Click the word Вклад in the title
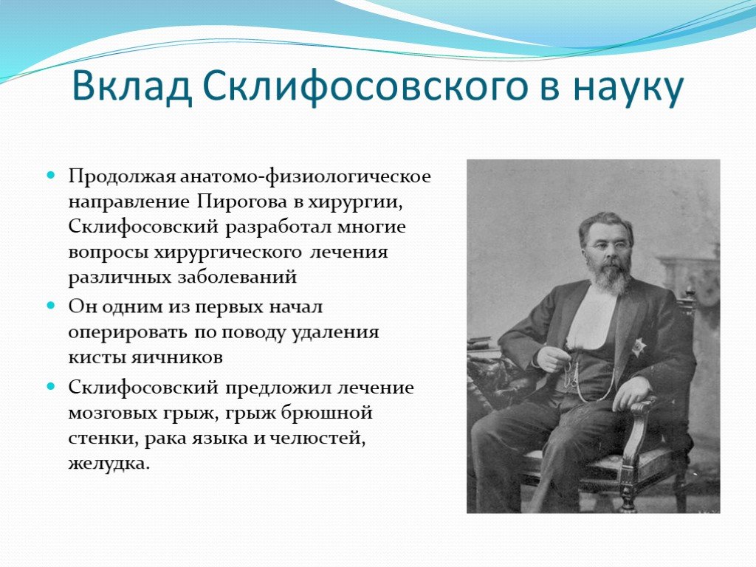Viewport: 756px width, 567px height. coord(131,87)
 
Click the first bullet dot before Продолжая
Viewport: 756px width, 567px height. coord(51,174)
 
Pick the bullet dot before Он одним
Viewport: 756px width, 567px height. coord(51,306)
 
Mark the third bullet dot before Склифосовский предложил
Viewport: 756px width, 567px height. coord(51,386)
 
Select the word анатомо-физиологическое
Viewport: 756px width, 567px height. coord(305,176)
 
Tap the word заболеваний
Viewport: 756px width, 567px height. coord(237,278)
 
